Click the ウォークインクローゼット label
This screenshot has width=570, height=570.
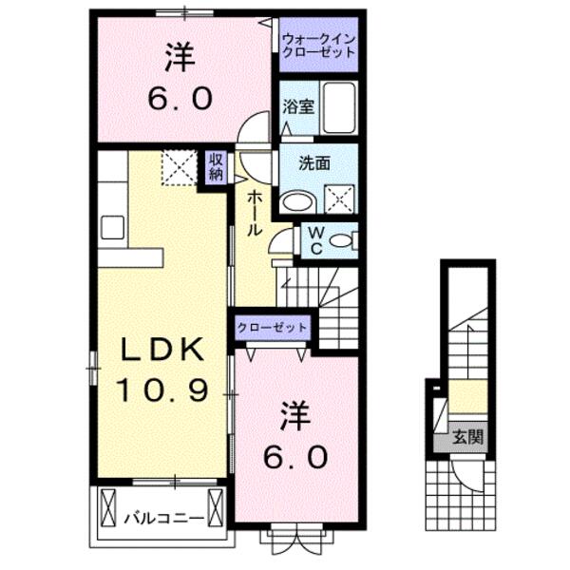coord(317,45)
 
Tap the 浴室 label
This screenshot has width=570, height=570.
coord(295,108)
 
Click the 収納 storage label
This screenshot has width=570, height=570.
coord(217,166)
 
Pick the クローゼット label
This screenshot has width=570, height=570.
coord(274,326)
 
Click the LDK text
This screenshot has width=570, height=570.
coord(161,351)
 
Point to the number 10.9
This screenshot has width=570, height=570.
coord(161,389)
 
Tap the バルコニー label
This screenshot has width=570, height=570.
coord(163,518)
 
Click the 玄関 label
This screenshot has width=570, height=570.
coord(465,437)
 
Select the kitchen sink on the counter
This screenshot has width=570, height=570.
coord(112,226)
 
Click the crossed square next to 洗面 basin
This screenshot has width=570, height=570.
coord(339,198)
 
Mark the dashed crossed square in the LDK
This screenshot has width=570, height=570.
coord(177,168)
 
